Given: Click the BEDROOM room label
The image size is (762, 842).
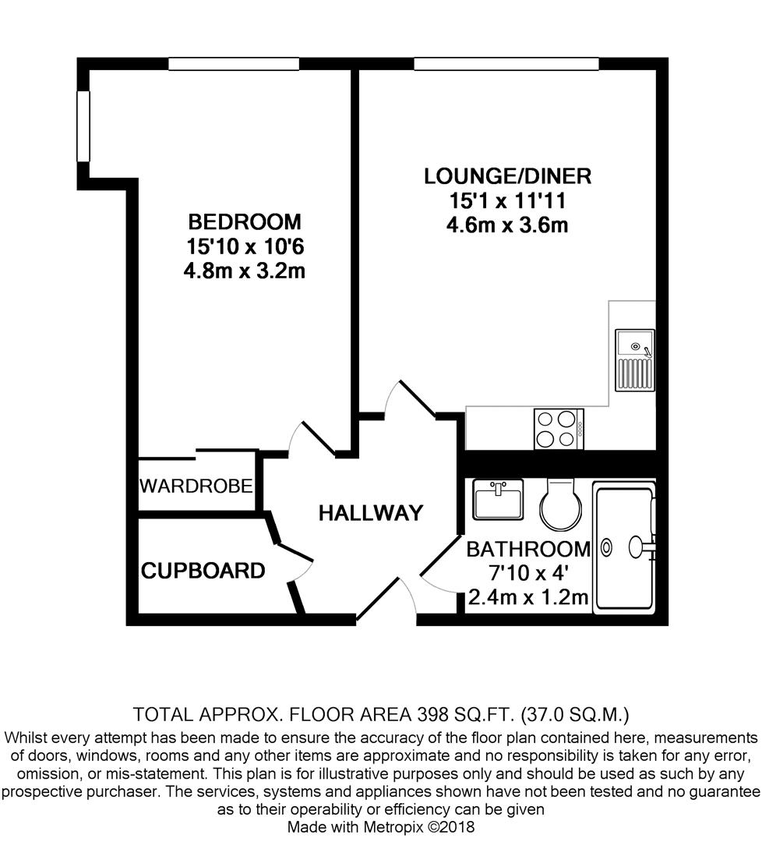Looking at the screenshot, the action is tap(244, 221).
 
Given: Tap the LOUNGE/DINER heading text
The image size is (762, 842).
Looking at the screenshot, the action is tap(508, 176).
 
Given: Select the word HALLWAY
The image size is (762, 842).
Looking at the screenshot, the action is tap(371, 513).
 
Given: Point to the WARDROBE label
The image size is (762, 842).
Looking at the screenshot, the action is tap(196, 486).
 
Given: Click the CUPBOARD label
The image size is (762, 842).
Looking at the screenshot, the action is tap(203, 570).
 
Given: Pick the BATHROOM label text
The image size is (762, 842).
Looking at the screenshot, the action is tap(528, 550).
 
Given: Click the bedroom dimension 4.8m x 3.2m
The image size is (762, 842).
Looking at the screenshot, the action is tap(244, 271).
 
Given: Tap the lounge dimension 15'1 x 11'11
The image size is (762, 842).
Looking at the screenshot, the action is tap(508, 201).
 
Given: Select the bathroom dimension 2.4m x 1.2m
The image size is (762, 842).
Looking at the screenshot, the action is tap(528, 597).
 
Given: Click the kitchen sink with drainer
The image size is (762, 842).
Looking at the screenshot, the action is tap(635, 359).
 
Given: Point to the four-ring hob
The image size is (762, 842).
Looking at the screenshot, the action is tap(559, 429).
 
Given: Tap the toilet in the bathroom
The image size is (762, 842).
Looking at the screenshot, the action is tap(560, 504).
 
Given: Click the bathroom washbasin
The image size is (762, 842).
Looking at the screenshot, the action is tap(498, 500).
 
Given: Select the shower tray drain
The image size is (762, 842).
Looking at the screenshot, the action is tap(606, 548).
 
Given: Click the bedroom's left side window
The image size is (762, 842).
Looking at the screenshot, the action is tap(83, 126).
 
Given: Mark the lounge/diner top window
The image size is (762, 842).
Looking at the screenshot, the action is tap(506, 64).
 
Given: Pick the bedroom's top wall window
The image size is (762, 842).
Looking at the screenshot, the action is tap(234, 64).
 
